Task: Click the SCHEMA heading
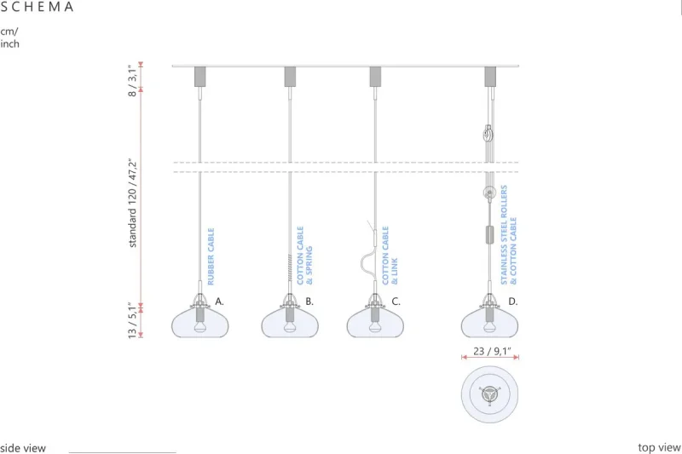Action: (x=38, y=7)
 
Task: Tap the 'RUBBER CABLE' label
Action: (x=211, y=256)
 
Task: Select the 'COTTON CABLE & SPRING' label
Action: (x=305, y=255)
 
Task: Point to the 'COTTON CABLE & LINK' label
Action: (x=390, y=255)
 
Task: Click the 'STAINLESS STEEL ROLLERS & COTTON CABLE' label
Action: (x=509, y=233)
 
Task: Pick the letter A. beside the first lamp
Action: (x=219, y=302)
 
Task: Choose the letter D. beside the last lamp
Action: (x=513, y=302)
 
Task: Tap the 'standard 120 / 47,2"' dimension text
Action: (x=133, y=203)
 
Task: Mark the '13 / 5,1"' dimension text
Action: (x=132, y=320)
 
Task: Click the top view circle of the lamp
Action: (x=490, y=394)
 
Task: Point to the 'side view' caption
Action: (x=23, y=448)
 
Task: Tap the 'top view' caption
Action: (x=659, y=447)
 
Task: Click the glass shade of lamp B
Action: (x=290, y=321)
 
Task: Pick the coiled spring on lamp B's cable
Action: (x=290, y=271)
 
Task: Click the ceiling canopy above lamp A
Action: (x=200, y=76)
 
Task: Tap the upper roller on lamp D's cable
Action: (x=488, y=134)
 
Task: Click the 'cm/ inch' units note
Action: (x=9, y=37)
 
